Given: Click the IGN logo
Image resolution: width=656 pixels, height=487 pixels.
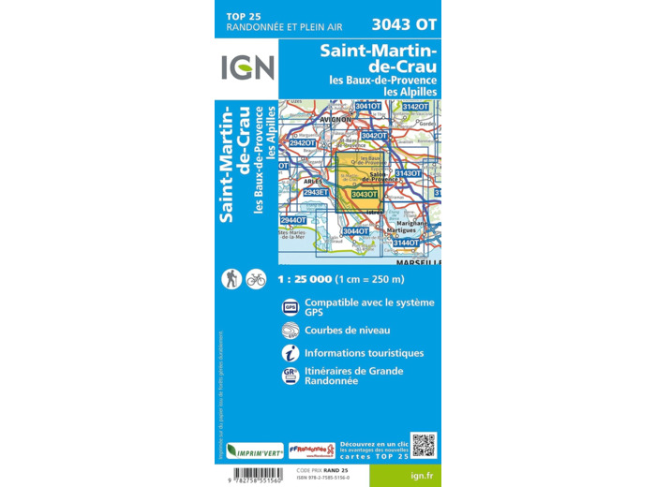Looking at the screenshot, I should point(247,67).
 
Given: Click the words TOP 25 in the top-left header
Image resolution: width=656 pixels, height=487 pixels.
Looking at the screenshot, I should point(245,17).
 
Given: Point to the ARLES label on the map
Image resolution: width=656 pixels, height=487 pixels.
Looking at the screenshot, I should point(313,181).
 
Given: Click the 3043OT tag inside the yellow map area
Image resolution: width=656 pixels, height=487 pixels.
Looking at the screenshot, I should point(364,195).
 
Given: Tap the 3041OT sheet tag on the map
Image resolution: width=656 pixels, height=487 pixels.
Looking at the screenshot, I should point(368,107).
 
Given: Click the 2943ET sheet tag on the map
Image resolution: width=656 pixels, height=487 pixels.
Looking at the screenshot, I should point(316,192).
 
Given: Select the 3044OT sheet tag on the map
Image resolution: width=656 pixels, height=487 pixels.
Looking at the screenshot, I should point(356,231).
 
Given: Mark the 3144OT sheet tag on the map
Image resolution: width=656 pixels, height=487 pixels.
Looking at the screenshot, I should point(406,243).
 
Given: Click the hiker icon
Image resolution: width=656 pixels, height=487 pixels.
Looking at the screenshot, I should point(231,278).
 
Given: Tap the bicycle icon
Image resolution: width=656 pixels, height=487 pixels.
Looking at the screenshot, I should point(256,278).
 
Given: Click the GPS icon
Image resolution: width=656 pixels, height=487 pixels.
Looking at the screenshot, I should point(291,306).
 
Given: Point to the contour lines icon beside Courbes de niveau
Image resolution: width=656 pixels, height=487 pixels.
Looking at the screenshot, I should point(291,330).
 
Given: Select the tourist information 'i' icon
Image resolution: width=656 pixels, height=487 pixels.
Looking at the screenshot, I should point(291,353).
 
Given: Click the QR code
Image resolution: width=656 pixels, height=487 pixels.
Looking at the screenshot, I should point(423,446).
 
